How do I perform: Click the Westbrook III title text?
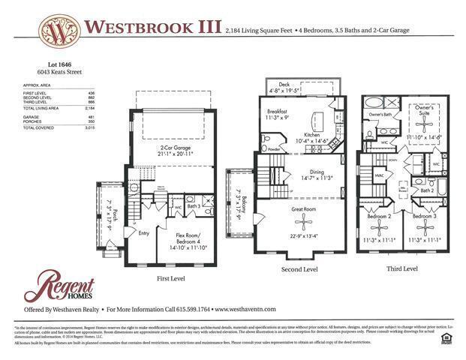(152, 27)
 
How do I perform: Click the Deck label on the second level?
(284, 85)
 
